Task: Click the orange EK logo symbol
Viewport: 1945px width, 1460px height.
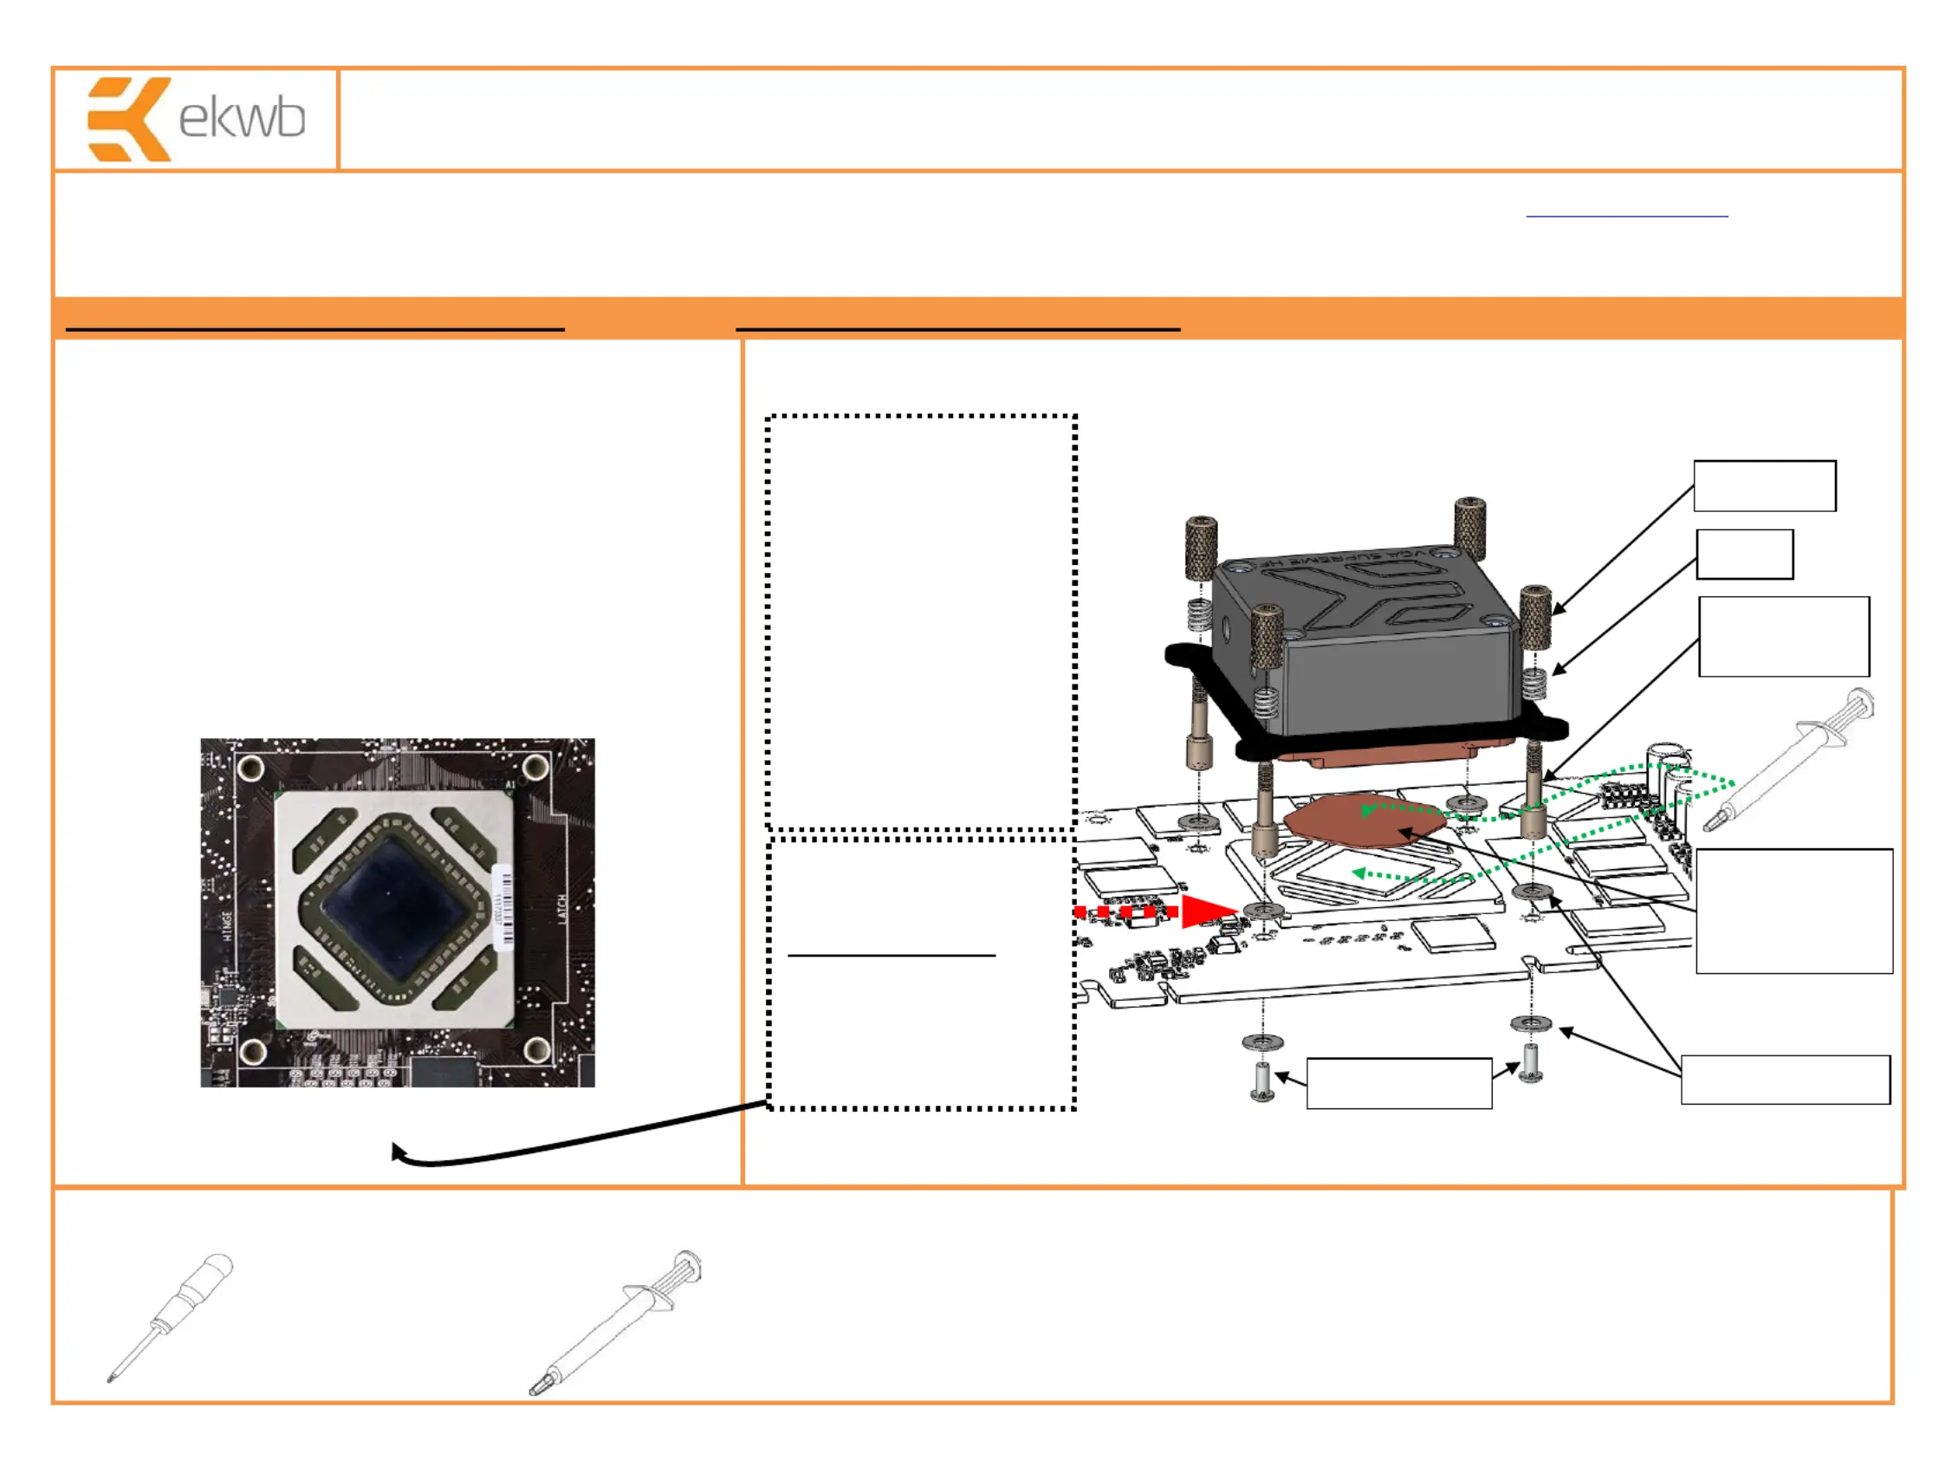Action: tap(128, 119)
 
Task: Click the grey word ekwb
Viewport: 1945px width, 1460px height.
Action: tap(242, 119)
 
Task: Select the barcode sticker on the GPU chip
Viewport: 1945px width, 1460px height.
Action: tap(503, 907)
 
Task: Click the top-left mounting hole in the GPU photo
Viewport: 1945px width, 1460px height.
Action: tap(251, 768)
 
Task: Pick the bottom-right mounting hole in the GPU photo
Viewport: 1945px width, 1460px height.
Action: tap(537, 1049)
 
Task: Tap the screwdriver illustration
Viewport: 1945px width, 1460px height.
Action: tap(171, 1316)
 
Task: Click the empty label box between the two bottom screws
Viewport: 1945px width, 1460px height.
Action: tap(1398, 1083)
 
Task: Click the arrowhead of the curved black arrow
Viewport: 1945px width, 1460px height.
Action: tap(399, 1152)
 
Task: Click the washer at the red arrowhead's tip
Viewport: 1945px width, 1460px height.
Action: tap(1262, 909)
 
